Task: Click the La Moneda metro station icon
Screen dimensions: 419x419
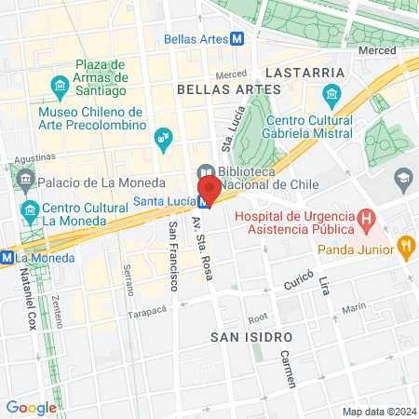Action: [x=7, y=256]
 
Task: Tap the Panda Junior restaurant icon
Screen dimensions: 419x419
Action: [x=405, y=247]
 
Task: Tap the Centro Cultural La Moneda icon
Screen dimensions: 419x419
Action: [x=31, y=209]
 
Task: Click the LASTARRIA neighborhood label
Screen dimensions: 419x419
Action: [x=299, y=72]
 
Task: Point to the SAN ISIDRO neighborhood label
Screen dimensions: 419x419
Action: [x=245, y=335]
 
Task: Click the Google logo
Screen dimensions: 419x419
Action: [x=31, y=407]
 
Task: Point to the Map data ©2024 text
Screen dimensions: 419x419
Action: [x=378, y=412]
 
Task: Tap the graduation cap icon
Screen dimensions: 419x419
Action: [x=403, y=178]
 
